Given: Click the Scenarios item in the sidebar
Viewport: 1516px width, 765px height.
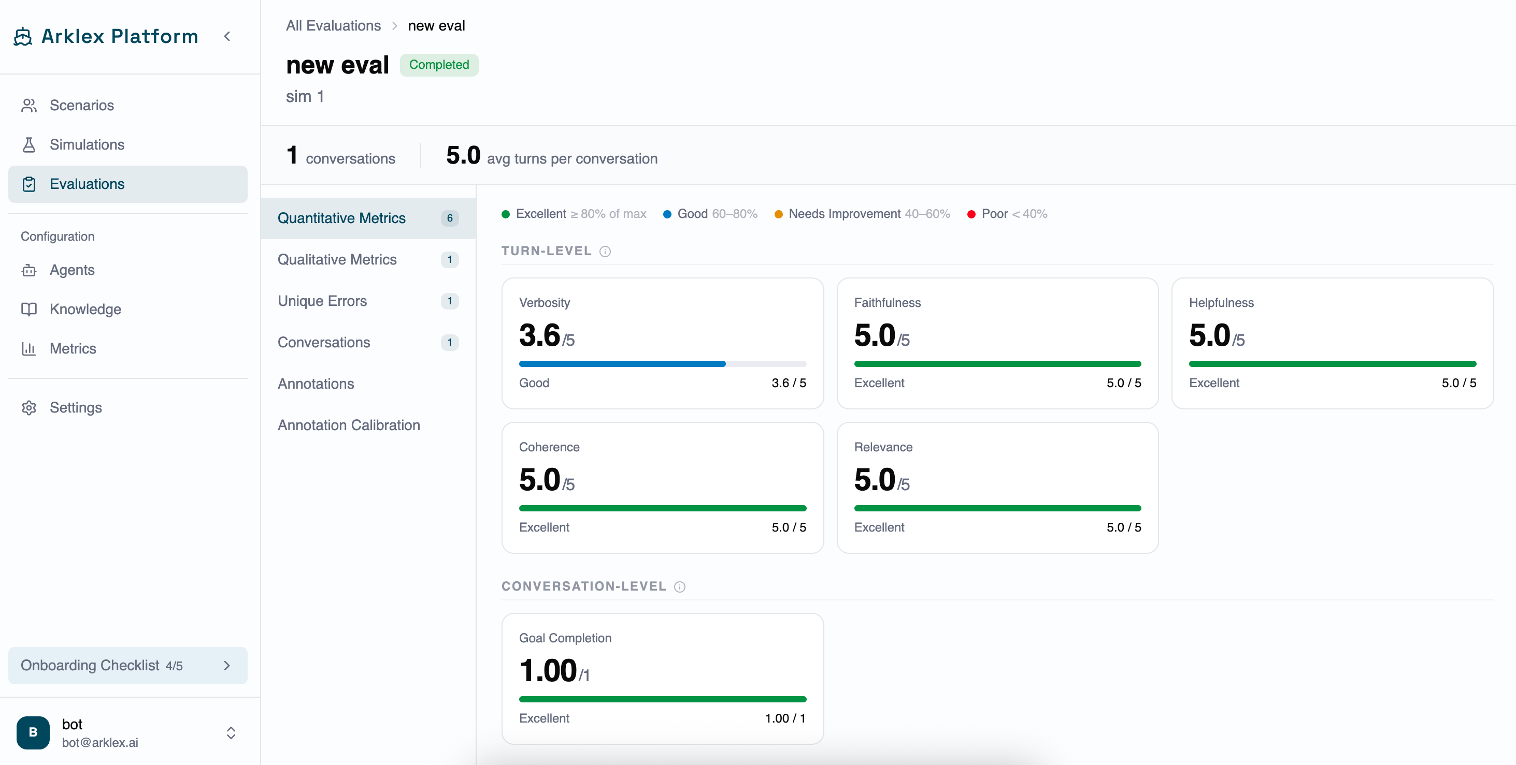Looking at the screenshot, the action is [82, 105].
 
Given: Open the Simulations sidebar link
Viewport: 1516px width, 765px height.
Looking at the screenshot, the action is [87, 144].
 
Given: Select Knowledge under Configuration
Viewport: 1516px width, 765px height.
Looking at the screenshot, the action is [85, 310].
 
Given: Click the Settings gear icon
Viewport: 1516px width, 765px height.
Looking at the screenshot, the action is [29, 407].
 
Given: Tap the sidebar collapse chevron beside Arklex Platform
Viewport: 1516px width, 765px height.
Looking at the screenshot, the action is [227, 36].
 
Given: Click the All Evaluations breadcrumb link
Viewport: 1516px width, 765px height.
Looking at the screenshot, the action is [333, 26].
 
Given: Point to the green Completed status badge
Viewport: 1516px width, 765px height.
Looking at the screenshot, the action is [439, 65].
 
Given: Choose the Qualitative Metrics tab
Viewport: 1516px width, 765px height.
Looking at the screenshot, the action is [337, 259].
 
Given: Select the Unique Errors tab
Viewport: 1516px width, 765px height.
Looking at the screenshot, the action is [322, 301].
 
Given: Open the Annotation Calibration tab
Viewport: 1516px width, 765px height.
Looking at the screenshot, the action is [349, 425].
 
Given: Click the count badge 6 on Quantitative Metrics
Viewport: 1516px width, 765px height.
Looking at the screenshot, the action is [450, 218].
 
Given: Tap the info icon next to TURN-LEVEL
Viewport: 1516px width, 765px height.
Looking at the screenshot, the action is [605, 252].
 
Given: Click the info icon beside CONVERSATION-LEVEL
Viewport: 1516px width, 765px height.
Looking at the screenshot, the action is [680, 587].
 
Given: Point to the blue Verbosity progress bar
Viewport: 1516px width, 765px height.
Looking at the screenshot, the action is [622, 364].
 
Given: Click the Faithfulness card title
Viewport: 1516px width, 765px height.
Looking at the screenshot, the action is [888, 303].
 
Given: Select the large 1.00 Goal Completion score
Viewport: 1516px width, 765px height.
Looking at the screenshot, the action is [548, 670].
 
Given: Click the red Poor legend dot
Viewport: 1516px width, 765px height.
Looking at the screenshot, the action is [971, 214].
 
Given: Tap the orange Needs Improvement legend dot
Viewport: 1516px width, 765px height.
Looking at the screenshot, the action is [779, 214].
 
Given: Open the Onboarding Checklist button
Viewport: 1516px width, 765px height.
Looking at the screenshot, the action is [127, 666].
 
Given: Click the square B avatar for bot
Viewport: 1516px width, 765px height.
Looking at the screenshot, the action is [33, 733].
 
